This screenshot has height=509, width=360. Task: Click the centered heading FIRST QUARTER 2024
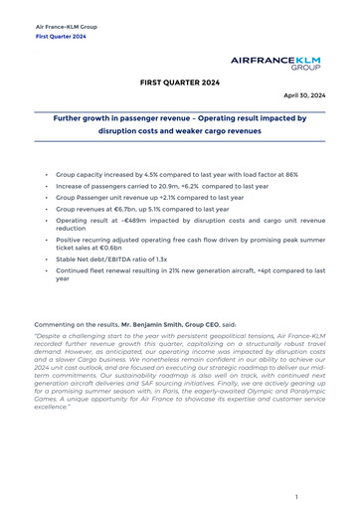[x=180, y=83]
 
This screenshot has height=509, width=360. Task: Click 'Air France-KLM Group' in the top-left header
[x=65, y=26]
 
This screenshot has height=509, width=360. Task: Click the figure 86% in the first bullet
[x=290, y=174]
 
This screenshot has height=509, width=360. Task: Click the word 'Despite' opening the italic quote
[x=50, y=336]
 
